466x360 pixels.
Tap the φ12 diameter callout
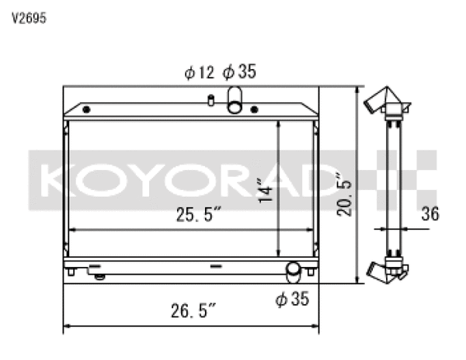(199, 73)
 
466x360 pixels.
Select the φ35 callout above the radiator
(239, 73)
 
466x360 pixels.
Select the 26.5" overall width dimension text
(192, 312)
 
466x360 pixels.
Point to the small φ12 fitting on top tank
(210, 100)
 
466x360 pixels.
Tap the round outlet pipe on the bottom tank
(294, 271)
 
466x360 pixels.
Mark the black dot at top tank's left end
(85, 108)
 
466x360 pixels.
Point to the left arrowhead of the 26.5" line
(66, 325)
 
